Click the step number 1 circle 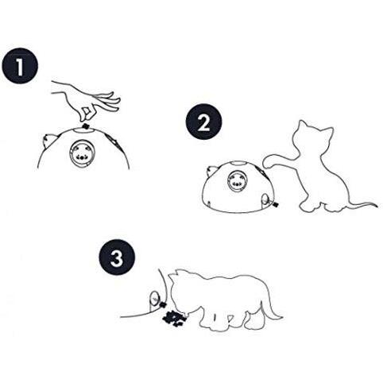pyautogui.click(x=20, y=66)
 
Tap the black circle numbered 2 pyautogui.click(x=203, y=122)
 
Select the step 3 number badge pyautogui.click(x=117, y=257)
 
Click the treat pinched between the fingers pyautogui.click(x=86, y=126)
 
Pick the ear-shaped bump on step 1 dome pyautogui.click(x=48, y=141)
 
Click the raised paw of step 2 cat pyautogui.click(x=273, y=161)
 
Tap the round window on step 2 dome pyautogui.click(x=236, y=181)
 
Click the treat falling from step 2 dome pyautogui.click(x=276, y=204)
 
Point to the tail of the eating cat pyautogui.click(x=270, y=308)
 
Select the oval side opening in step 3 pyautogui.click(x=154, y=299)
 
